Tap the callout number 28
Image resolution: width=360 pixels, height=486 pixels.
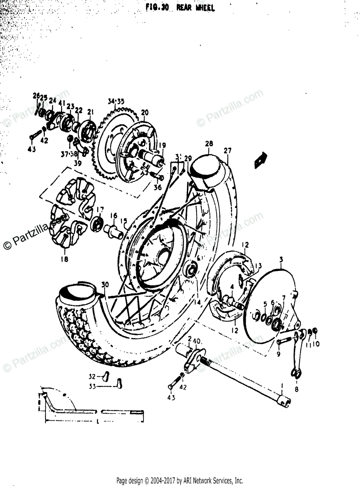(x=209, y=144)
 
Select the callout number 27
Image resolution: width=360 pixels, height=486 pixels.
(x=227, y=151)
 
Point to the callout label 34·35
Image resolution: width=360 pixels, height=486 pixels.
(x=116, y=101)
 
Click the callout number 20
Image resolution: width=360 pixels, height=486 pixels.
(x=145, y=112)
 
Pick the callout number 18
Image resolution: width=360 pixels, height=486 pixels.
(x=64, y=259)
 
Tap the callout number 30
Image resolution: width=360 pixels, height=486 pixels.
(x=105, y=285)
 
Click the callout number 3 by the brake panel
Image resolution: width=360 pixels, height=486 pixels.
(x=281, y=259)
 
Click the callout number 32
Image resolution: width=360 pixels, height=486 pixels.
(x=92, y=376)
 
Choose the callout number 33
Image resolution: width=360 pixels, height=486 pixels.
(x=92, y=387)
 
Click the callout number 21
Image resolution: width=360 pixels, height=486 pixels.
(x=90, y=112)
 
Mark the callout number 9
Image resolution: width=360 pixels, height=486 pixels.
(x=278, y=354)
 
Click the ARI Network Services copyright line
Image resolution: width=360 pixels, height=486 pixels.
(x=180, y=481)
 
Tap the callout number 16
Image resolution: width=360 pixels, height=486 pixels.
(x=114, y=216)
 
